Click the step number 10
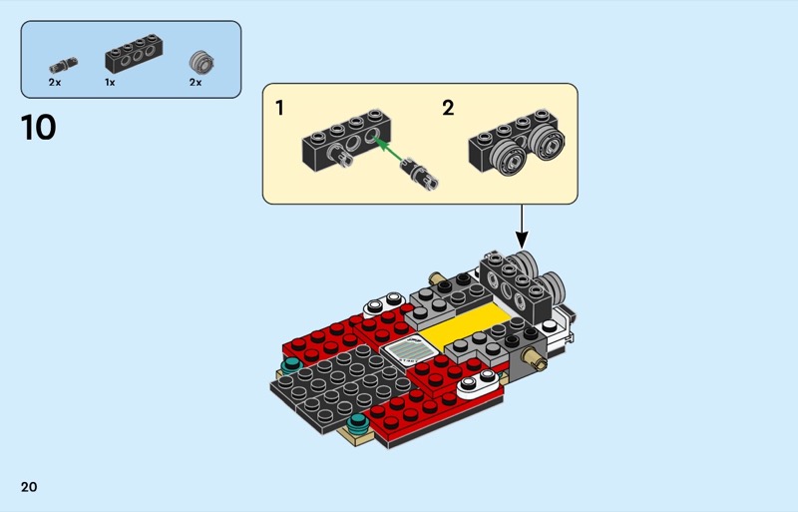[x=38, y=128]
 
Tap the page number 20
[x=29, y=487]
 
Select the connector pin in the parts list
[x=64, y=65]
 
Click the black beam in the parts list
[x=134, y=54]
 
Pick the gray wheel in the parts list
[x=201, y=62]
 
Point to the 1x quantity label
[x=110, y=82]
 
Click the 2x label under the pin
[x=55, y=82]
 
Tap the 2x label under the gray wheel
[x=196, y=82]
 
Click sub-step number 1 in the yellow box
[x=279, y=108]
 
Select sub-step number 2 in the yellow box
[x=448, y=108]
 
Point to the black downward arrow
[x=522, y=227]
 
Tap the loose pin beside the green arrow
[x=420, y=174]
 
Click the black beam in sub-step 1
[x=347, y=140]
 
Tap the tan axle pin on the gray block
[x=538, y=358]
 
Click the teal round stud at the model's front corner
[x=358, y=422]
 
